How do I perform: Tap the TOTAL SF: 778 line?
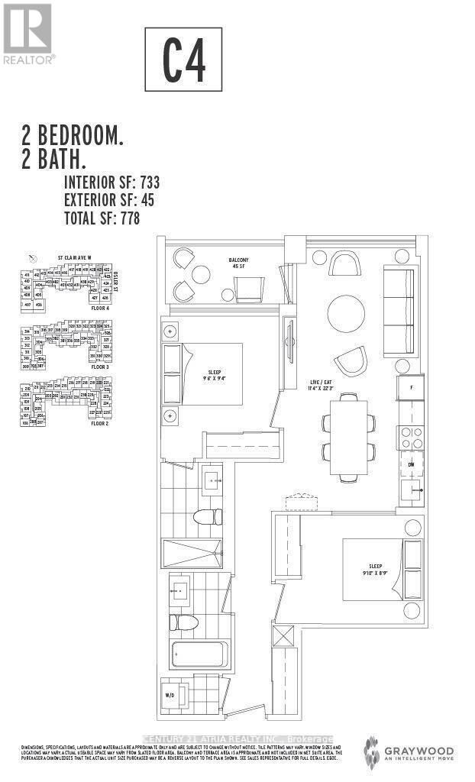click(102, 218)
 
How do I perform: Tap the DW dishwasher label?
click(410, 463)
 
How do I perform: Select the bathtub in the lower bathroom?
click(197, 654)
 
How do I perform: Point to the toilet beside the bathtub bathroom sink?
click(181, 622)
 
